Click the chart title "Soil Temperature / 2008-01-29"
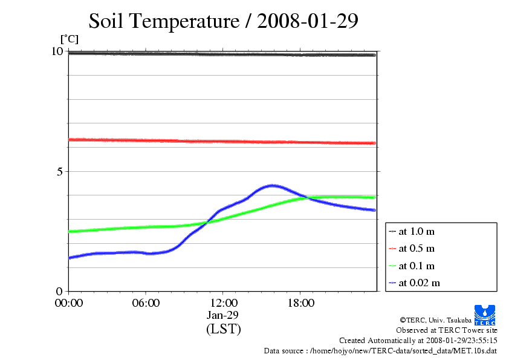click(224, 21)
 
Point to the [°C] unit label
click(70, 39)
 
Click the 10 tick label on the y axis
click(57, 51)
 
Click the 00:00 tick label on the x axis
click(69, 303)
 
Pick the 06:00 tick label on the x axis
click(146, 303)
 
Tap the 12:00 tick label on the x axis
click(223, 303)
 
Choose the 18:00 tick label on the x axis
click(300, 303)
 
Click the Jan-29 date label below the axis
click(223, 315)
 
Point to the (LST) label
click(223, 329)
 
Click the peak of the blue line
click(272, 185)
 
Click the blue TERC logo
click(485, 315)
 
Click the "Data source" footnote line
click(380, 350)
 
